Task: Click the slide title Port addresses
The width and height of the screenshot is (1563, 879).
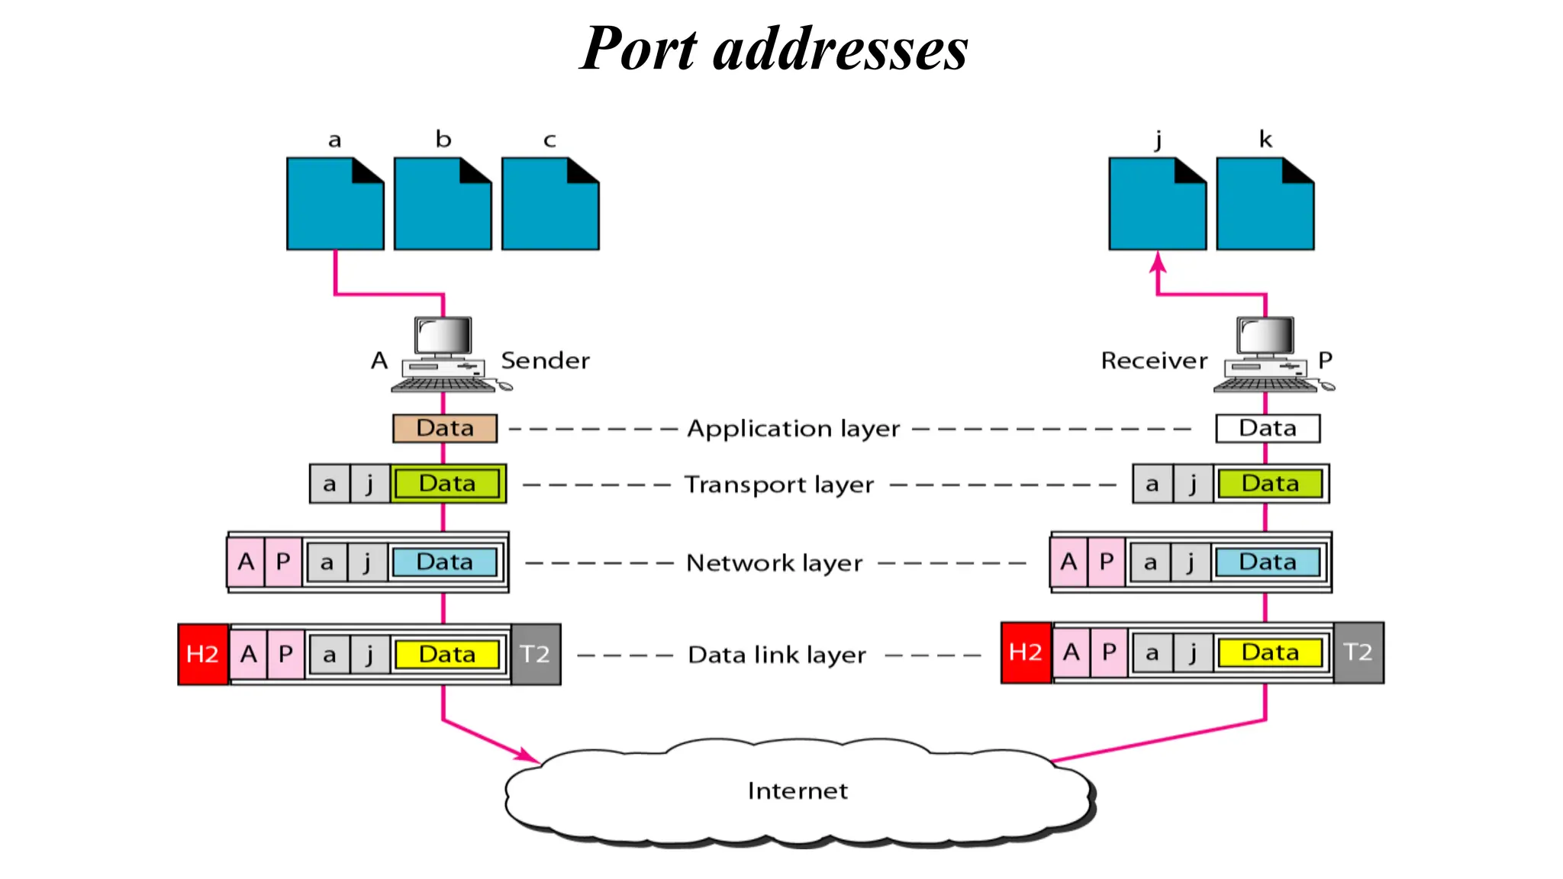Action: [x=774, y=49]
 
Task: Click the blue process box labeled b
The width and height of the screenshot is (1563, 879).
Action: [x=443, y=204]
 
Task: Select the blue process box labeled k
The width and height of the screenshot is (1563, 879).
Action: [x=1265, y=204]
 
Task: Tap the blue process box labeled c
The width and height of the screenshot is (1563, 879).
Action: [x=549, y=204]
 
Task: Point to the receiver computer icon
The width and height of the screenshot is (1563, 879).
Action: [x=1267, y=354]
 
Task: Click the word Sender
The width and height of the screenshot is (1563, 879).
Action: [x=545, y=360]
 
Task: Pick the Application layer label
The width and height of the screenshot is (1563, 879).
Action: [x=793, y=429]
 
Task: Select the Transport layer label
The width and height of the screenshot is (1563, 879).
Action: [x=778, y=485]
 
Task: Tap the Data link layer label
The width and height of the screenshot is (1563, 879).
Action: [x=777, y=655]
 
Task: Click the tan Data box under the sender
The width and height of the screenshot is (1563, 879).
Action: [x=445, y=428]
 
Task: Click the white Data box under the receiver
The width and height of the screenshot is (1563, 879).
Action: [x=1267, y=428]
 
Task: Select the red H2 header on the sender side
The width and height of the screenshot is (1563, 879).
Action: [x=202, y=654]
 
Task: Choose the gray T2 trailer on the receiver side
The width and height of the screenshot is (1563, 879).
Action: [x=1358, y=652]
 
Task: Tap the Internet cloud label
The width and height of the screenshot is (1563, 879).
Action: [x=797, y=790]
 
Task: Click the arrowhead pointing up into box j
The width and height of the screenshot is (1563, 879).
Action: [x=1158, y=262]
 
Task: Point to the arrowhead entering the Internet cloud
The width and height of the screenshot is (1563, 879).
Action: [x=530, y=756]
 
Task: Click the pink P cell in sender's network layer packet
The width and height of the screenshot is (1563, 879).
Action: [x=283, y=562]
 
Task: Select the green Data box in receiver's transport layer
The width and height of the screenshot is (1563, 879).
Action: [x=1270, y=484]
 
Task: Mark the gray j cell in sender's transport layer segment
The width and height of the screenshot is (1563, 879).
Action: [x=369, y=484]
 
